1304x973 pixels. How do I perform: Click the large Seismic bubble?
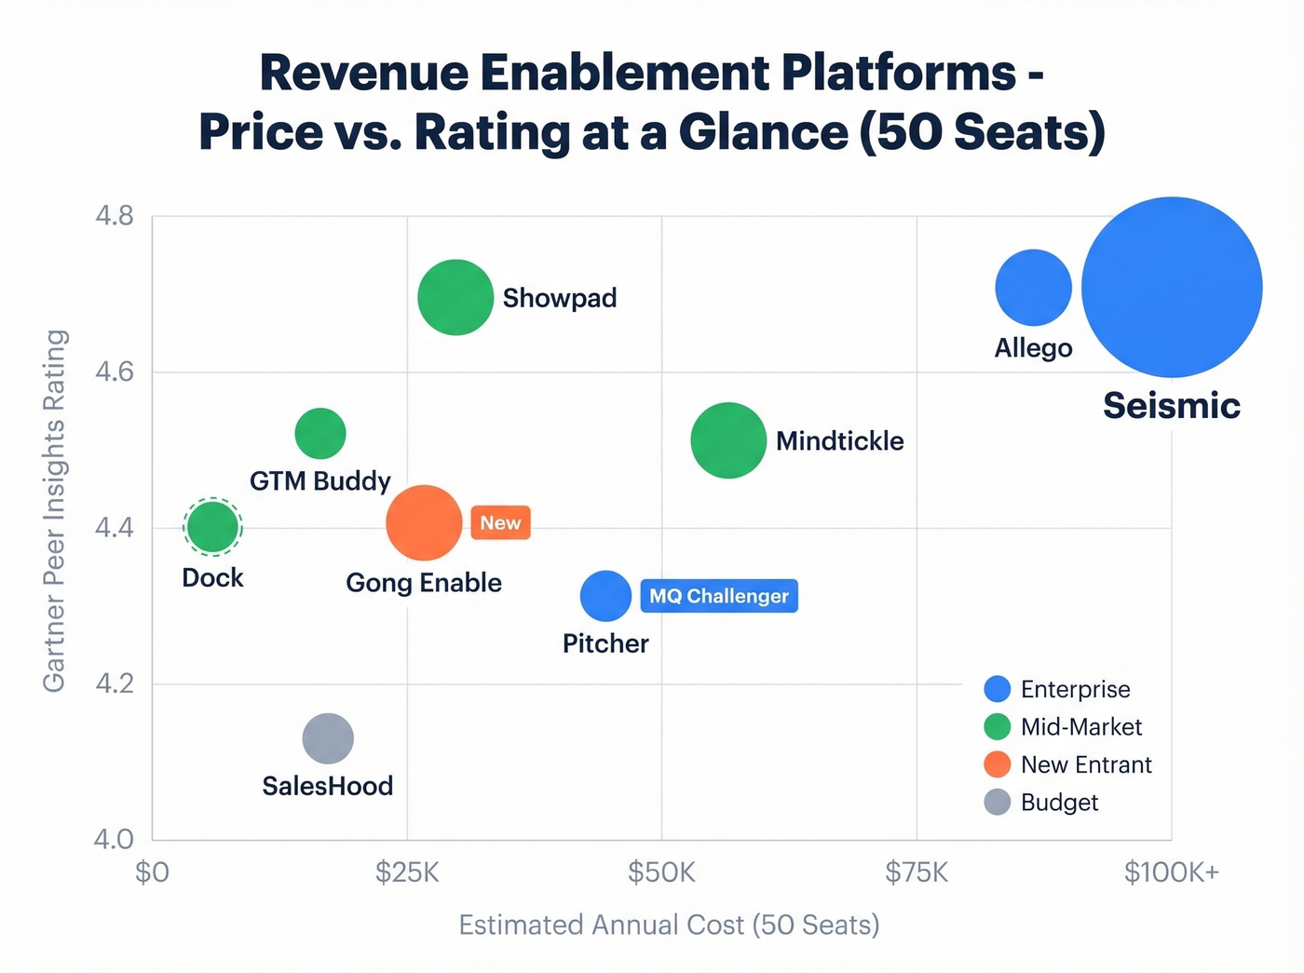1172,287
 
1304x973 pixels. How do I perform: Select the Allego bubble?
1033,287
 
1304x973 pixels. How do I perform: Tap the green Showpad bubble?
455,297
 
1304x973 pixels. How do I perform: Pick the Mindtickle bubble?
727,440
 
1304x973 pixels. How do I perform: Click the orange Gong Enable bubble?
424,523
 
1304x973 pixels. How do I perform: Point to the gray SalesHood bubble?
328,739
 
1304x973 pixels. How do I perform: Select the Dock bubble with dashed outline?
212,527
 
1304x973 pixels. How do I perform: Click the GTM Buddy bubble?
319,433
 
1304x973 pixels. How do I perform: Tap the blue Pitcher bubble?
605,596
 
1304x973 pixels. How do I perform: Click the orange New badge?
500,523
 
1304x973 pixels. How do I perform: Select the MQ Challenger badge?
718,596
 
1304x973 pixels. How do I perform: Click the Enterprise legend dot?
997,689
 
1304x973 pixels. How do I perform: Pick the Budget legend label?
1059,803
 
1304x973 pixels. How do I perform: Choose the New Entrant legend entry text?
1086,764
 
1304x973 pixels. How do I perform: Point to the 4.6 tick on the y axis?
115,372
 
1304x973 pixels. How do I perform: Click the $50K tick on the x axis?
661,872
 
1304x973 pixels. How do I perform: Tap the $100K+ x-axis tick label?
1171,872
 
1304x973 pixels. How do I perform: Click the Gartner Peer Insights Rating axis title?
54,510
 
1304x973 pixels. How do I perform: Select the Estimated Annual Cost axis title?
669,925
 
